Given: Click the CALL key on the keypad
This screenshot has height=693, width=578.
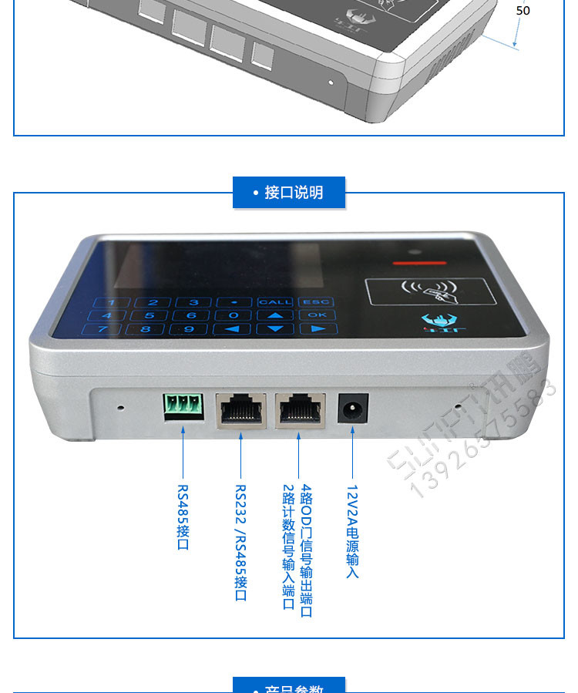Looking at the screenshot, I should point(275,302).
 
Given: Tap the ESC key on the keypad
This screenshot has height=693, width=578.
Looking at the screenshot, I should point(316,302).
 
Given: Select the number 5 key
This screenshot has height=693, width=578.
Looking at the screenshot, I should point(150,315).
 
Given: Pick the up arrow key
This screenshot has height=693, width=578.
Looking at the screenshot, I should point(275,315).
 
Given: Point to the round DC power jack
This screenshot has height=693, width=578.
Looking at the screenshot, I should point(354,409).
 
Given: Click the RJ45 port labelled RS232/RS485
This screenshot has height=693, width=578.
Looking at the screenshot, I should point(241,409).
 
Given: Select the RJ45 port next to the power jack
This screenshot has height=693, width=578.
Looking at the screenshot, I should point(299,409).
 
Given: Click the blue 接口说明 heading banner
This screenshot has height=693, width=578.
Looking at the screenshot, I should point(289,193).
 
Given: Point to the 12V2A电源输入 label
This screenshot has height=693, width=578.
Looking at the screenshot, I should point(352,532).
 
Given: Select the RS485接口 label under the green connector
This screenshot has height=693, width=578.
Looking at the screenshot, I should point(183,517).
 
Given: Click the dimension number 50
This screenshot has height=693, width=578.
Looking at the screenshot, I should point(523,11).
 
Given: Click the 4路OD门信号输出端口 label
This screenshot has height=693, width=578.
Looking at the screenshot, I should point(306,550).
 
